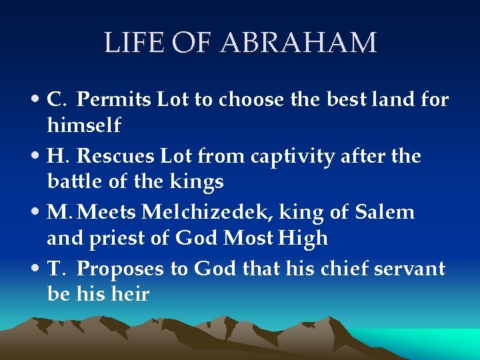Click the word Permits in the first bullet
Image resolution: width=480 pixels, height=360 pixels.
coord(115,100)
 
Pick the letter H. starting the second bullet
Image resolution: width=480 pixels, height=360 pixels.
coord(57,157)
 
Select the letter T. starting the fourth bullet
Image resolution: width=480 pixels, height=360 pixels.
coord(55,269)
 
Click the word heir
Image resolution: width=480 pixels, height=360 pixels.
coord(130,293)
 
